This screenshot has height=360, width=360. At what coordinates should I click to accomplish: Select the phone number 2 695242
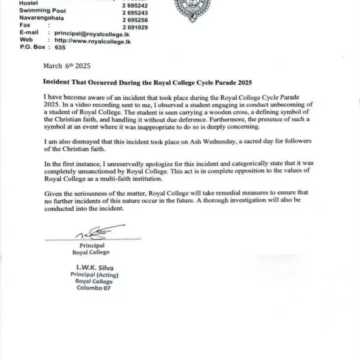tap(135, 5)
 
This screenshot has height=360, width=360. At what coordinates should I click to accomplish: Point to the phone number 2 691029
tap(135, 28)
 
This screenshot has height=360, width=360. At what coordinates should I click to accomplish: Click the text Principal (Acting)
tap(88, 274)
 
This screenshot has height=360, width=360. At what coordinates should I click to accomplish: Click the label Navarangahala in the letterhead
tap(25, 20)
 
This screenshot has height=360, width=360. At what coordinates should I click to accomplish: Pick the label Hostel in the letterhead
tap(11, 4)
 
